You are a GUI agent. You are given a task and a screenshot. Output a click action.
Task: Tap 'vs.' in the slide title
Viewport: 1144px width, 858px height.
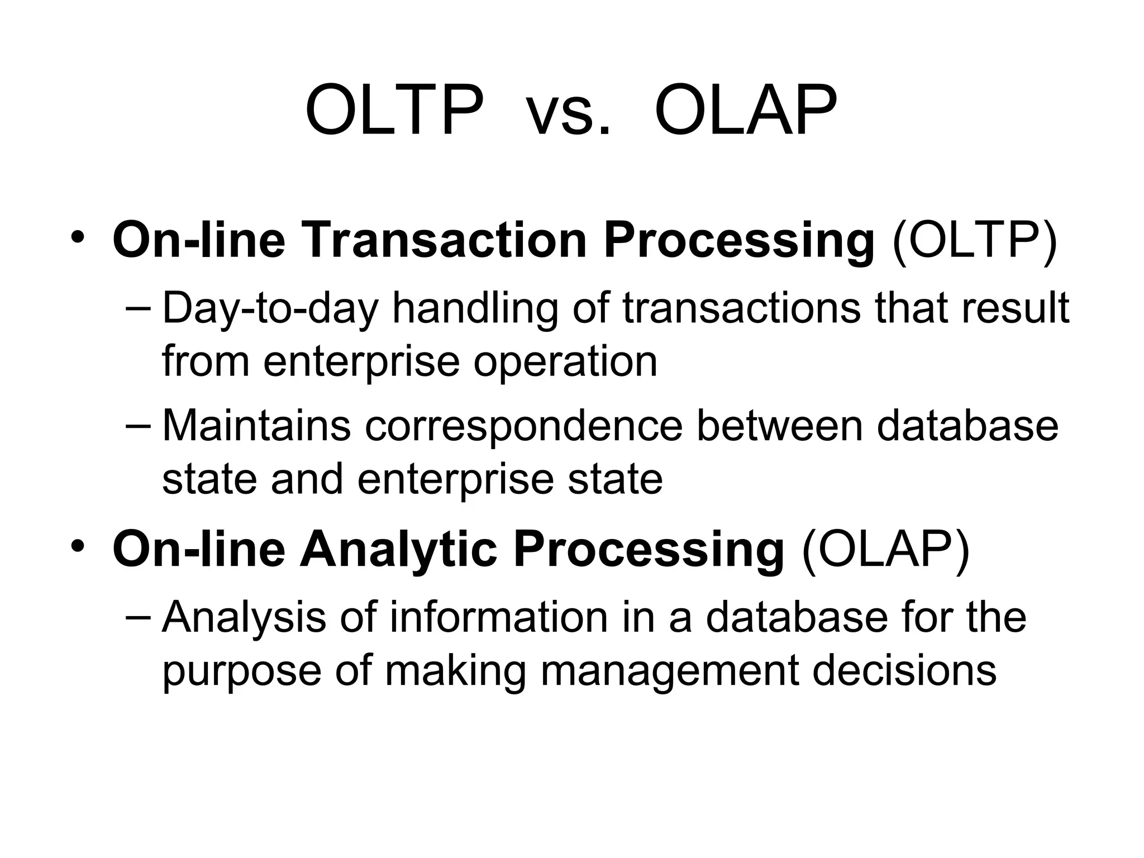click(x=569, y=115)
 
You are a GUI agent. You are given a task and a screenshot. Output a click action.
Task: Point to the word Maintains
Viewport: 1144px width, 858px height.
click(x=256, y=426)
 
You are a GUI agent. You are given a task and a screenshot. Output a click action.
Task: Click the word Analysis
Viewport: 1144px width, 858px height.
click(x=244, y=618)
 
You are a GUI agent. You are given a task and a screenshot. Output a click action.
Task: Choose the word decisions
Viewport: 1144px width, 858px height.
click(x=904, y=670)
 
